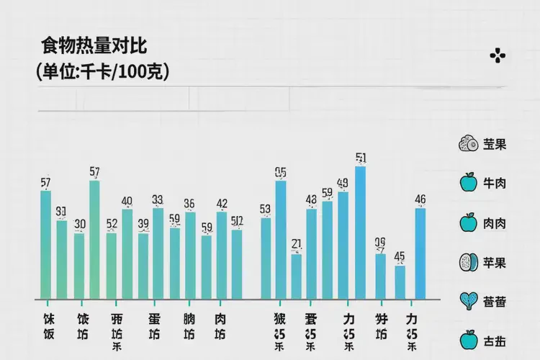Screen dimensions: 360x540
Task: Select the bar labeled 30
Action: coord(79,266)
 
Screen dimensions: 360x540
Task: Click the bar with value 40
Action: coord(127,253)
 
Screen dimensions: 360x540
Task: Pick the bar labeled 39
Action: coord(143,266)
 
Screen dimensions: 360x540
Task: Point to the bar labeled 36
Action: coord(190,255)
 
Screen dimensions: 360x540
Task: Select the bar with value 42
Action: coord(222,255)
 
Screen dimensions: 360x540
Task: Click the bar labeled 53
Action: coord(266,258)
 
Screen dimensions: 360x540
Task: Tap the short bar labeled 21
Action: coord(296,276)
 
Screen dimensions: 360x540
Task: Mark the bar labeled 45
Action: coord(400,282)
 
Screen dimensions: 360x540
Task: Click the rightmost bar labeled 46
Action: coord(420,253)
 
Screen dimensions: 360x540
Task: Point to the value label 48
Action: coord(311,199)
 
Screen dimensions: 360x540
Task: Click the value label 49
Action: coord(343,183)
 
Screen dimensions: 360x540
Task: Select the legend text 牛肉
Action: coord(495,184)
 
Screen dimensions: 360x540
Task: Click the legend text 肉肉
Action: coord(495,223)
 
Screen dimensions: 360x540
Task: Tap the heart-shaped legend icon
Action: coord(469,301)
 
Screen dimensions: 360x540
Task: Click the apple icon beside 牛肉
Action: coord(469,183)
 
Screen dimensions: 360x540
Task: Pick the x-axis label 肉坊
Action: coord(220,326)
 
